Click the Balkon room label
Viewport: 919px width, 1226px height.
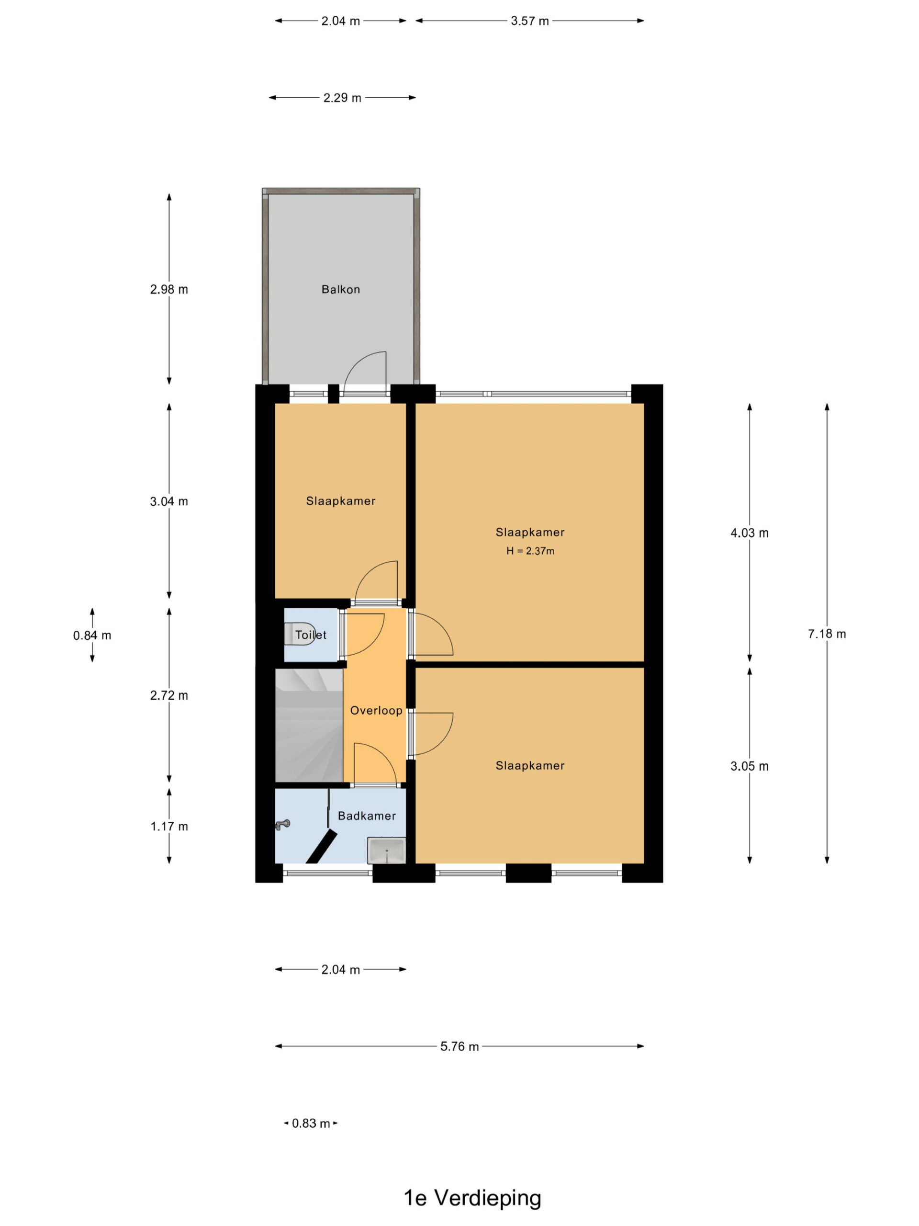[341, 289]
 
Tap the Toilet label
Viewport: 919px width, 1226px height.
[311, 635]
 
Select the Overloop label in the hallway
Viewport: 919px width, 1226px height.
[376, 711]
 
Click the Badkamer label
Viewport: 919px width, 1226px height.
[367, 816]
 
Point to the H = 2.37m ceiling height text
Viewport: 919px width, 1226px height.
[530, 551]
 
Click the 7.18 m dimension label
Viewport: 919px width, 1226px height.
[827, 634]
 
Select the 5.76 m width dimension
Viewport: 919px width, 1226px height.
[459, 1046]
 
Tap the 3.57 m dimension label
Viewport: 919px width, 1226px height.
[529, 21]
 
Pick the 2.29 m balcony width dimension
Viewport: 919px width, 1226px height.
[342, 98]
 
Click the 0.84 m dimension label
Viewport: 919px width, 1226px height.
[92, 635]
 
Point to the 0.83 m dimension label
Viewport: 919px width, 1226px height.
[311, 1124]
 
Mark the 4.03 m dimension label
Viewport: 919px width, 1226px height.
[750, 533]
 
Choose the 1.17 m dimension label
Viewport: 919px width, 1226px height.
[169, 827]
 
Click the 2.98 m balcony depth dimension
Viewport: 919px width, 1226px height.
[169, 289]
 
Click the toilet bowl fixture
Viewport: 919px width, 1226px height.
[300, 634]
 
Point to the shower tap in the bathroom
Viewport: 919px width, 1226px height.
[282, 825]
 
